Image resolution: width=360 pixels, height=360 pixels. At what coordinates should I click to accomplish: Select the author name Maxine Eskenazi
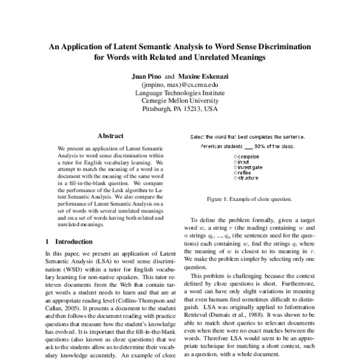[x=202, y=77]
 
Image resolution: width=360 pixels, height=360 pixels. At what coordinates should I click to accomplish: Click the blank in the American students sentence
[x=247, y=147]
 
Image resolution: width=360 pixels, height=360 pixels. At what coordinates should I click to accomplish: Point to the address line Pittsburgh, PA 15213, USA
[x=180, y=110]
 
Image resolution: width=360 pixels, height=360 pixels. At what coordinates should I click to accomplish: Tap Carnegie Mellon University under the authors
[x=180, y=102]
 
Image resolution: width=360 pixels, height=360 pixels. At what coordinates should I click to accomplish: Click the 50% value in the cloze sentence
[x=260, y=146]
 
